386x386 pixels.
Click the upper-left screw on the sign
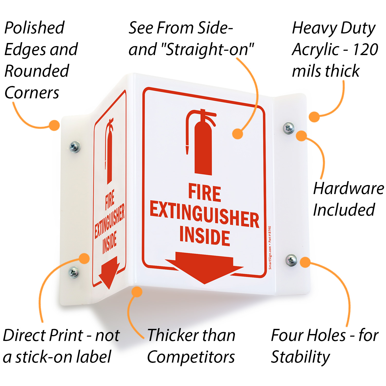pos(75,147)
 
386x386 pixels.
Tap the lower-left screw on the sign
pos(74,272)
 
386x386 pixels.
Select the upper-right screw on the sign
pos(289,128)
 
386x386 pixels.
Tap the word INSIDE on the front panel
pos(205,236)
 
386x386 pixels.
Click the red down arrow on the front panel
pos(204,268)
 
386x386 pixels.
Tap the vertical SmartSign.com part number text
pos(270,248)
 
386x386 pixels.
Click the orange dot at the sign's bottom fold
pos(137,292)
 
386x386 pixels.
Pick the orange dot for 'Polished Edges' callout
pos(54,125)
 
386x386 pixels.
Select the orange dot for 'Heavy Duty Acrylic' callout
pos(314,117)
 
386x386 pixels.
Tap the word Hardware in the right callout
pos(348,188)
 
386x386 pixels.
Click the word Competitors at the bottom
pos(191,357)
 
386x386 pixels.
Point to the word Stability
pos(300,357)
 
